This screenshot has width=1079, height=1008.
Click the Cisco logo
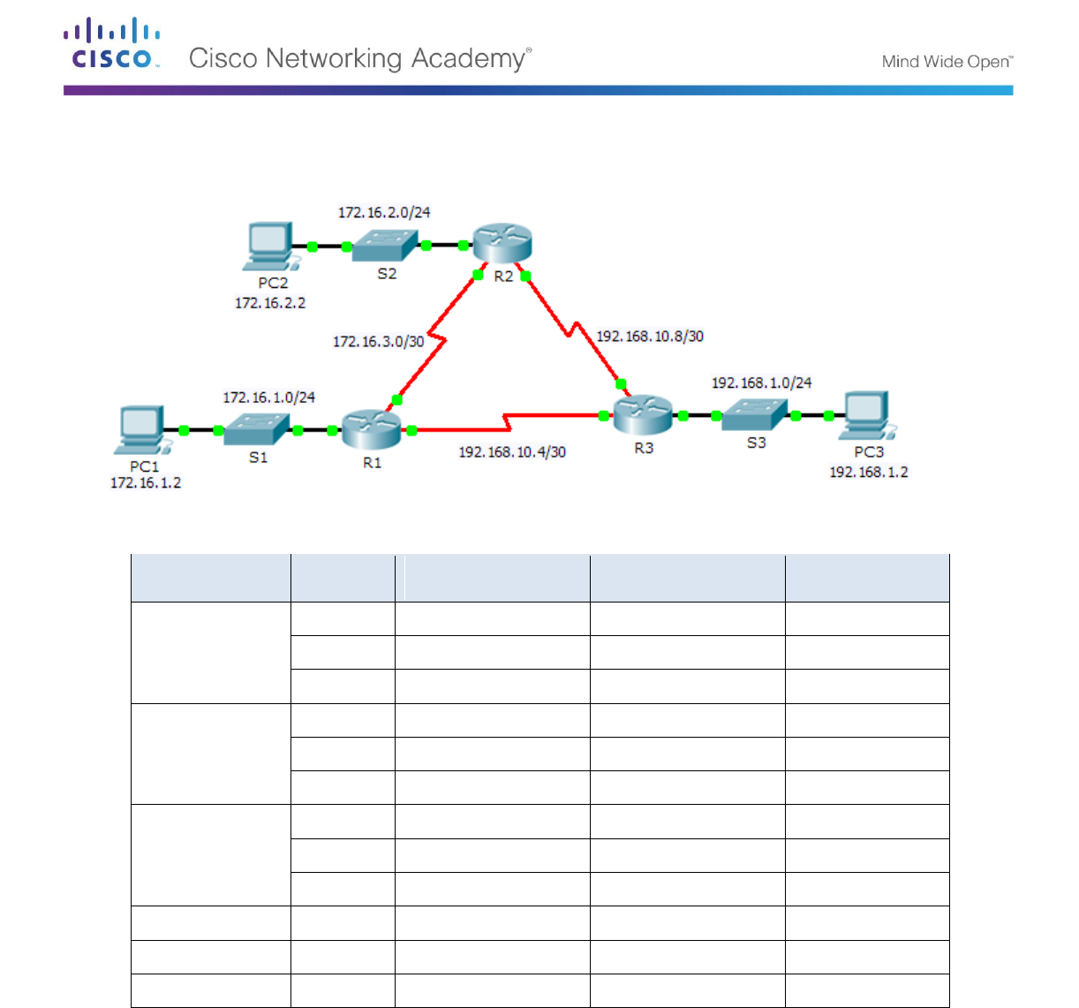[x=112, y=44]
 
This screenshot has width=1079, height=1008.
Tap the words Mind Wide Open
[x=947, y=62]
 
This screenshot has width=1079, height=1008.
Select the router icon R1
[x=371, y=428]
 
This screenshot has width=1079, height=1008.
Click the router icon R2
[x=502, y=243]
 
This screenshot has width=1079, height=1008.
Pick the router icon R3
[x=643, y=413]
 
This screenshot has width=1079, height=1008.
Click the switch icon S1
[x=256, y=429]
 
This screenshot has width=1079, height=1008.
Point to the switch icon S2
[x=385, y=246]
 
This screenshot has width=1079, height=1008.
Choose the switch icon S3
[x=753, y=414]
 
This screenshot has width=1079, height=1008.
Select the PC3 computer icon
[x=867, y=414]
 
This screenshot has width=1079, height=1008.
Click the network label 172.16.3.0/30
[x=378, y=341]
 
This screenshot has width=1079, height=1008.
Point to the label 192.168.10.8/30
[x=650, y=337]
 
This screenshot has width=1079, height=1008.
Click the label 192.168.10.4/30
[x=512, y=452]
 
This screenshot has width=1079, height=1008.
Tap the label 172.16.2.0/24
[x=384, y=213]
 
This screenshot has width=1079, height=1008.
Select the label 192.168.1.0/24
[x=761, y=383]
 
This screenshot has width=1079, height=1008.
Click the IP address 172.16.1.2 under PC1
[x=146, y=483]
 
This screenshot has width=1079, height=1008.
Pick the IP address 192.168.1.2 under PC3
[x=868, y=473]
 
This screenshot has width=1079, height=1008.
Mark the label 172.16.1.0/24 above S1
[x=268, y=398]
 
